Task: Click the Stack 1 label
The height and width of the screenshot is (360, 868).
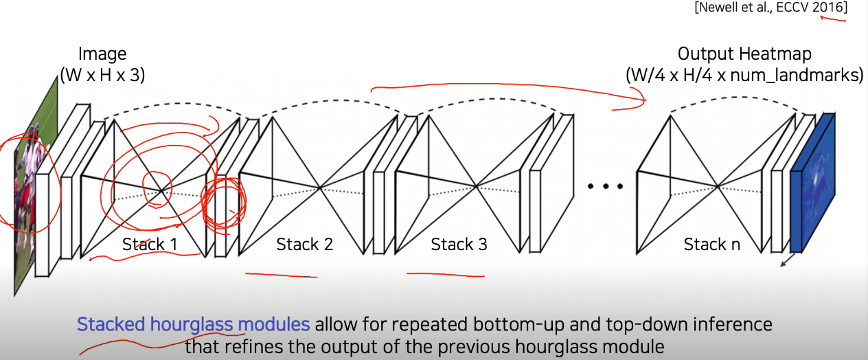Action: [x=149, y=244]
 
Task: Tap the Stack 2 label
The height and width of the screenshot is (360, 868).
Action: [x=304, y=244]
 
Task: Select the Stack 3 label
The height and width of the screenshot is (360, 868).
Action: [x=459, y=244]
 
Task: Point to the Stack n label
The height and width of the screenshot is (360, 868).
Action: [x=711, y=244]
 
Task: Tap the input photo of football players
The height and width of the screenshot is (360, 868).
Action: [x=31, y=185]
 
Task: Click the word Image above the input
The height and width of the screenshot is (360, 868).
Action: [x=102, y=54]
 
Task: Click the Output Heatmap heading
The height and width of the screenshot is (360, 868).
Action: [x=744, y=54]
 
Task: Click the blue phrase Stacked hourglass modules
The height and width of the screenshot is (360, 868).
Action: [x=193, y=324]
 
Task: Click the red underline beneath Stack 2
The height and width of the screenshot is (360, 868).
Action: [x=281, y=275]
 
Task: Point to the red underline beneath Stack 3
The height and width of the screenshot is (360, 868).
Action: [x=445, y=275]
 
